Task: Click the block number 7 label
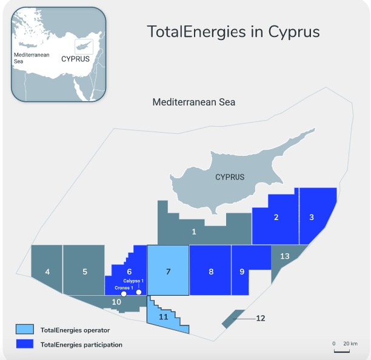tap(169, 271)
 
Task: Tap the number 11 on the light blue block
tap(164, 317)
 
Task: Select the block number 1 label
tap(194, 231)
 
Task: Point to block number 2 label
tap(276, 217)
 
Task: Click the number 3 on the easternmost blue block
tap(312, 217)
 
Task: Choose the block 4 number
tap(47, 271)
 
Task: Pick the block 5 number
tap(85, 271)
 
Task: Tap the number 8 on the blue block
tap(211, 271)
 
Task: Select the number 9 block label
tap(242, 271)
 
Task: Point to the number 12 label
tap(261, 318)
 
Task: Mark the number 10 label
tap(117, 301)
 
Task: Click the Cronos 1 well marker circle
tap(124, 294)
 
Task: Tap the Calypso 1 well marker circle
tap(139, 292)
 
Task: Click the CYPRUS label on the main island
tap(230, 177)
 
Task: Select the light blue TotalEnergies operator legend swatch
tap(24, 330)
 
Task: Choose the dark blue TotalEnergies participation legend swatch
tap(24, 344)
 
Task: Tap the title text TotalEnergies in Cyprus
tap(233, 32)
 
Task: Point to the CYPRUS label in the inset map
tap(75, 59)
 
